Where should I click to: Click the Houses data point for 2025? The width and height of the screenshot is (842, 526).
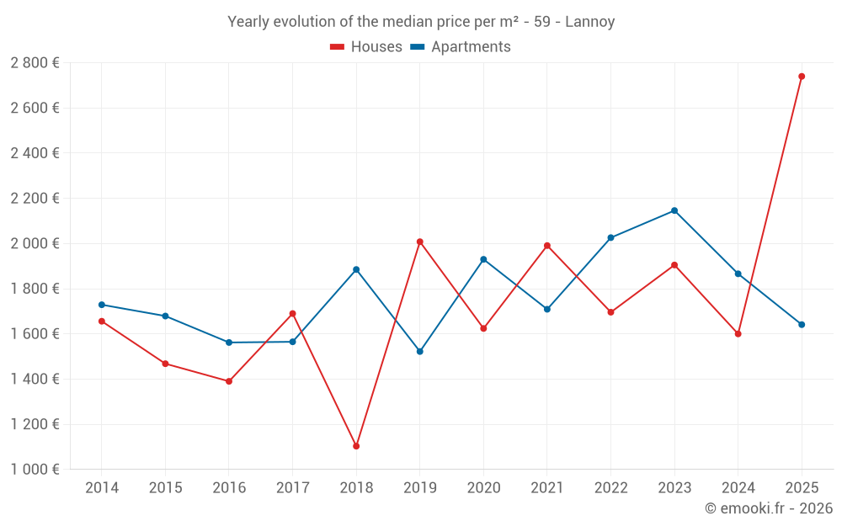tap(802, 77)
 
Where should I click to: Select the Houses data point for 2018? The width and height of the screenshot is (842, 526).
tap(356, 446)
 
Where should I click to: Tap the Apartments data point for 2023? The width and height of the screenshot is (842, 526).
tap(674, 210)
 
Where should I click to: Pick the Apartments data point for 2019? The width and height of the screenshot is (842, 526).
tap(420, 351)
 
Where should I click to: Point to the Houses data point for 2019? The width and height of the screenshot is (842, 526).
tap(420, 242)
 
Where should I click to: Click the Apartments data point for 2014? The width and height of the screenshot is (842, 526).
tap(102, 305)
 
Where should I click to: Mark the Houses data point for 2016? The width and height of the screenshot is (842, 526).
tap(229, 381)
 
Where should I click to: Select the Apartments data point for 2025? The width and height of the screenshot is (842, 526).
tap(802, 324)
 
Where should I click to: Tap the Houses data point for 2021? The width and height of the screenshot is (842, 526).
tap(547, 246)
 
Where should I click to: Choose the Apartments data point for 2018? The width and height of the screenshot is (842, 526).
tap(356, 269)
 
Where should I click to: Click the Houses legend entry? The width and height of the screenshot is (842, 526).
tap(366, 47)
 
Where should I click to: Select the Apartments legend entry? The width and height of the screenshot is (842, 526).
tap(461, 47)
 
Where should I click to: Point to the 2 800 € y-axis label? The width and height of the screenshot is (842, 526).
tap(35, 63)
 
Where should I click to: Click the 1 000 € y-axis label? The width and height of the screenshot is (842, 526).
tap(35, 470)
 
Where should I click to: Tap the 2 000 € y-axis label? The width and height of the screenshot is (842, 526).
tap(35, 243)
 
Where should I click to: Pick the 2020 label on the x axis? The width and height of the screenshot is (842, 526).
tap(483, 488)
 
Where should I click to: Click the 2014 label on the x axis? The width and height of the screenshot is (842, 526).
tap(102, 488)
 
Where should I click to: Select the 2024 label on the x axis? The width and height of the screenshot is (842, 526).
tap(738, 488)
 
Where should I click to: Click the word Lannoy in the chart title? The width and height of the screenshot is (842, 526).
tap(589, 22)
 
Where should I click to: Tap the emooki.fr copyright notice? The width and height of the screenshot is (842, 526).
tap(768, 508)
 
